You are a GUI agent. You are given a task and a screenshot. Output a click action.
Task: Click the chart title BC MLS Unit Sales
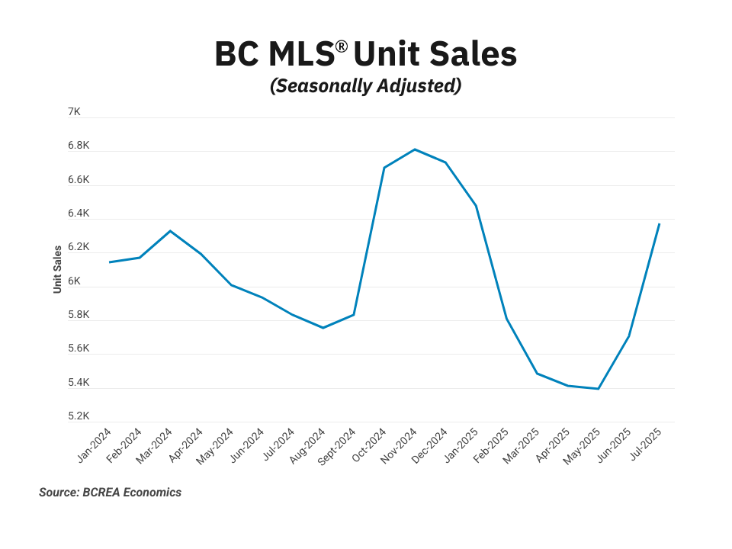pyautogui.click(x=365, y=55)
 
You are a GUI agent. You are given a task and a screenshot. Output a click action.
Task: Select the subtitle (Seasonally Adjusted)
pyautogui.click(x=365, y=86)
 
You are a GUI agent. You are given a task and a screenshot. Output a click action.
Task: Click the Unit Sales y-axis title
pyautogui.click(x=57, y=269)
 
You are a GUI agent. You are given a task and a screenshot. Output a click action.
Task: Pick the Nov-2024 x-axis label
pyautogui.click(x=399, y=446)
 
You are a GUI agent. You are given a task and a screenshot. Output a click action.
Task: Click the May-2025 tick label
pyautogui.click(x=583, y=445)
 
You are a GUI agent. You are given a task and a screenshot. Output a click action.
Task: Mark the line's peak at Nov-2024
pyautogui.click(x=414, y=149)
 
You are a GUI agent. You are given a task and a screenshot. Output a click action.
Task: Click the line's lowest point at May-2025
pyautogui.click(x=598, y=389)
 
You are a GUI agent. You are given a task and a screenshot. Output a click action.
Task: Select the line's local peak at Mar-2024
pyautogui.click(x=170, y=230)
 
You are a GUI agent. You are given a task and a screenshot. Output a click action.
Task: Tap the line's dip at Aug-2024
pyautogui.click(x=323, y=328)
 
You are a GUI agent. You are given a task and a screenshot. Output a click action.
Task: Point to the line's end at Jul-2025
pyautogui.click(x=659, y=223)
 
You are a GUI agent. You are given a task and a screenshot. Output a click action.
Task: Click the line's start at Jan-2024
pyautogui.click(x=110, y=262)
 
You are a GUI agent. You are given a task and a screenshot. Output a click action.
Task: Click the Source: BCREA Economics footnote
pyautogui.click(x=111, y=493)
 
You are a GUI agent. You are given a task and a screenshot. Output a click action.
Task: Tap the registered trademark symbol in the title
pyautogui.click(x=341, y=47)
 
